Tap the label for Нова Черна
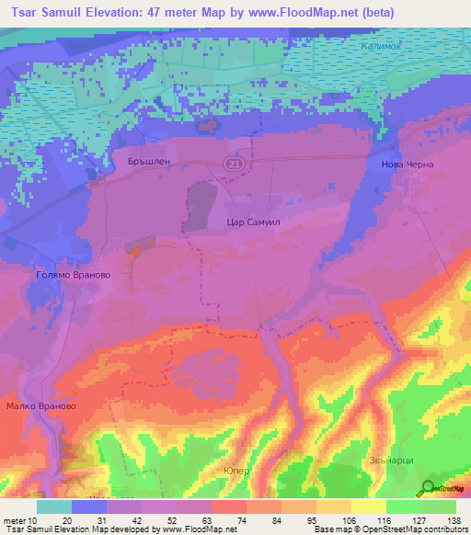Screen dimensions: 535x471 click(406, 165)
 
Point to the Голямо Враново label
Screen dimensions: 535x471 click(73, 274)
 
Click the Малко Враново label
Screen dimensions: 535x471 click(40, 405)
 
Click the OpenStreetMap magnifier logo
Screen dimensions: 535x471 click(429, 488)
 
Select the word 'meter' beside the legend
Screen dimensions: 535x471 click(17, 519)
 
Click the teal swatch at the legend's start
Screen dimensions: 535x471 click(54, 506)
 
